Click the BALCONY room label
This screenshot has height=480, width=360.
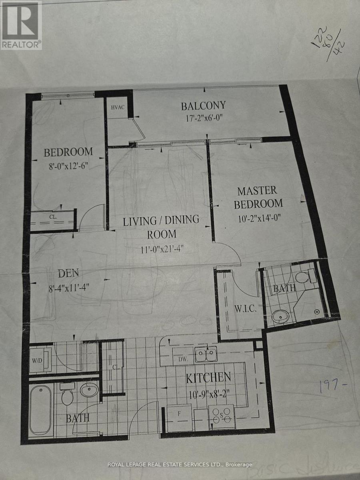click(x=203, y=106)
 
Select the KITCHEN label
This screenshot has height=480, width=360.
click(x=208, y=377)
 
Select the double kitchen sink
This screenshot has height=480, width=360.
click(x=206, y=354)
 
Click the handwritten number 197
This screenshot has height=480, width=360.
click(x=332, y=386)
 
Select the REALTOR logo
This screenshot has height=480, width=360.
click(x=21, y=25)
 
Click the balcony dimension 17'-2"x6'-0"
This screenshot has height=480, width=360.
click(x=203, y=119)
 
